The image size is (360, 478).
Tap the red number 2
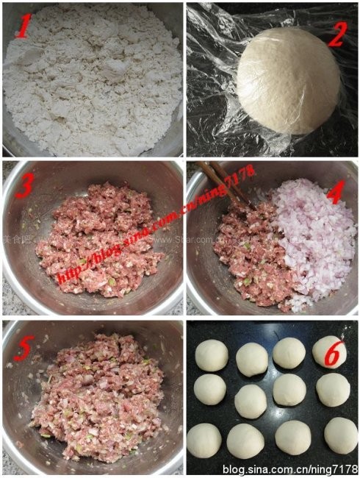tap(337, 33)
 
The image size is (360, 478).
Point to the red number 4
tap(336, 193)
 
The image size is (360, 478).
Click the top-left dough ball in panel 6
tap(212, 356)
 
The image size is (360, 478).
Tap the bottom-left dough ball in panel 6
tap(204, 440)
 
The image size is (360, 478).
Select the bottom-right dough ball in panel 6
tap(340, 435)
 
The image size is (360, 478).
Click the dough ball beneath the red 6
tap(332, 390)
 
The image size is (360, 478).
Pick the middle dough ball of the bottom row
tap(293, 437)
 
